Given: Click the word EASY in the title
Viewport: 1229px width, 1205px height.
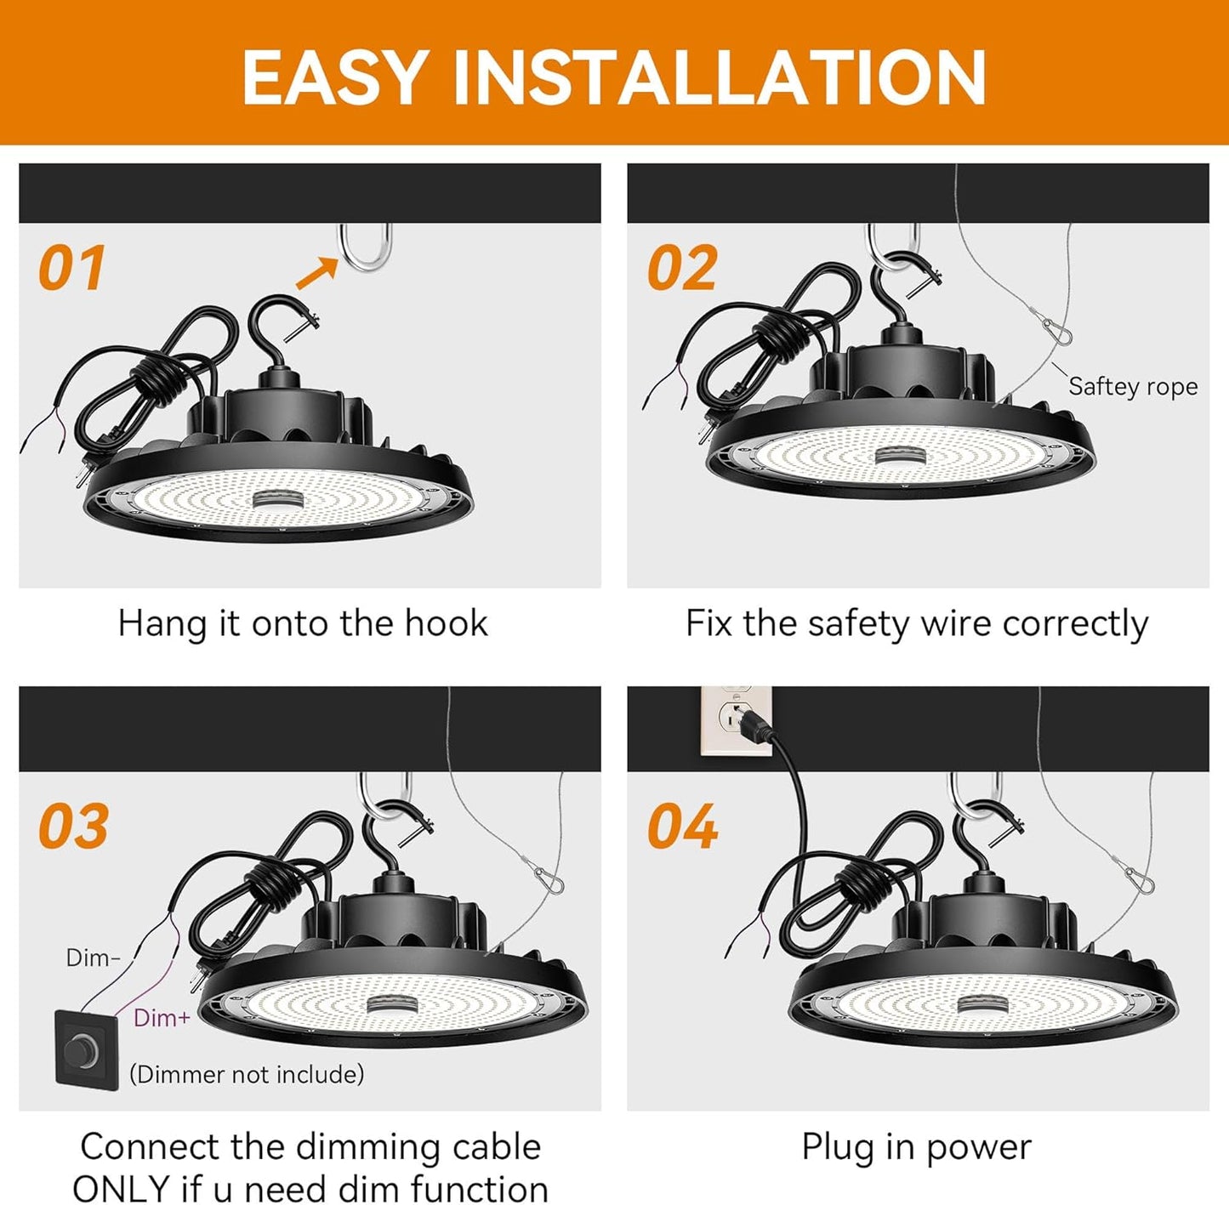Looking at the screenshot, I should coord(334,77).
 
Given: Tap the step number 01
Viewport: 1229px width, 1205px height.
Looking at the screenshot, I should coord(71,269).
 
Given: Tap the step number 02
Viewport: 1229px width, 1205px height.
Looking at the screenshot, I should coord(682,269).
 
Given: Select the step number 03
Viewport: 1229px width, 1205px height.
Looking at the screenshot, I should coord(73,827).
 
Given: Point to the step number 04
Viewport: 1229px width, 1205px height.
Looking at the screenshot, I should coord(682,827).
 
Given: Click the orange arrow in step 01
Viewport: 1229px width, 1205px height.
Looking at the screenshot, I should coord(316,274).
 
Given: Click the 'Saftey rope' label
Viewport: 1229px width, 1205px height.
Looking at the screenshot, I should coord(1132,386).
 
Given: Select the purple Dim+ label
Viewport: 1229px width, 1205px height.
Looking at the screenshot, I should coord(162,1017).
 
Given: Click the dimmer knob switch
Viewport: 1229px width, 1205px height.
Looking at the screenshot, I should coord(86,1049).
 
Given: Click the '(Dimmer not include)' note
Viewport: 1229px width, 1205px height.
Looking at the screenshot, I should coord(247,1074).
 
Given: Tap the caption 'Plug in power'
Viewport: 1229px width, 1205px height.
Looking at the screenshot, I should coord(916,1147).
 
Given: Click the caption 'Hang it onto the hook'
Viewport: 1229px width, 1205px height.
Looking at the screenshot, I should coord(303,623).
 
